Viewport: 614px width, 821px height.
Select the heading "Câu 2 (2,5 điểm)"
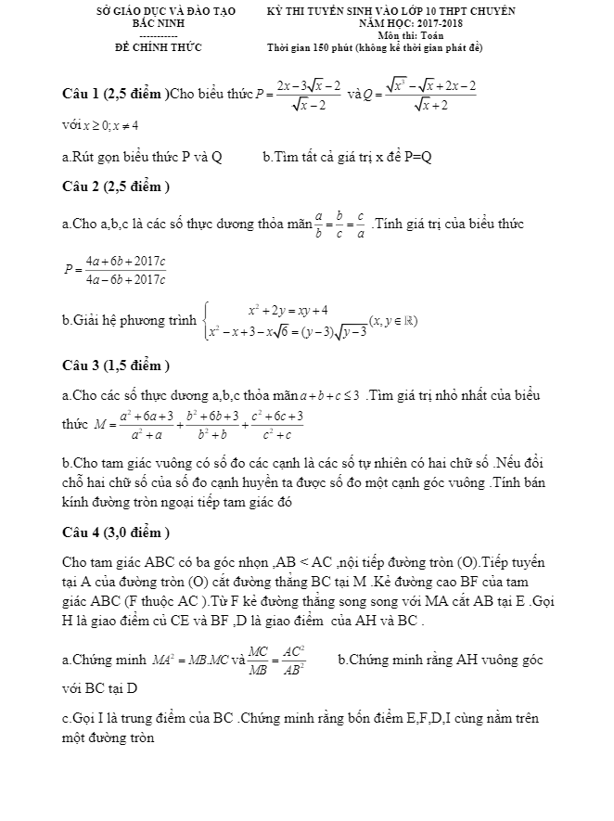coord(115,186)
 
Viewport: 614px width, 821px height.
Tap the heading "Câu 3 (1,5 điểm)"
coord(115,365)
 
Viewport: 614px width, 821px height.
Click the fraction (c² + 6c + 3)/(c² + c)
coord(276,425)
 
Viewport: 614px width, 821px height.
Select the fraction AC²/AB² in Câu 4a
coord(295,660)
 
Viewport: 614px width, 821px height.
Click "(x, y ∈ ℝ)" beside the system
coord(393,321)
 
